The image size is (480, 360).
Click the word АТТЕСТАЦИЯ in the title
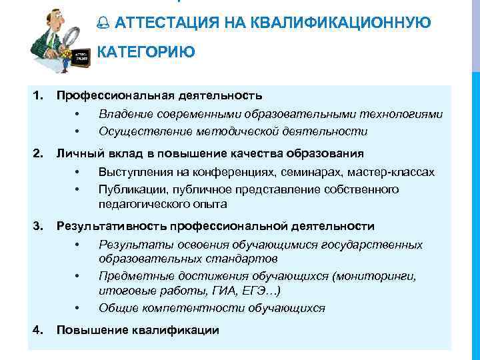(167, 24)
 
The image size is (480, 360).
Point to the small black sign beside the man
(81, 54)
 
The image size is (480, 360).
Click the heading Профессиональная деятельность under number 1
(159, 97)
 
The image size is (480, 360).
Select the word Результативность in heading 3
(109, 227)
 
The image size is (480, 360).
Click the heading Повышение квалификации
(137, 330)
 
